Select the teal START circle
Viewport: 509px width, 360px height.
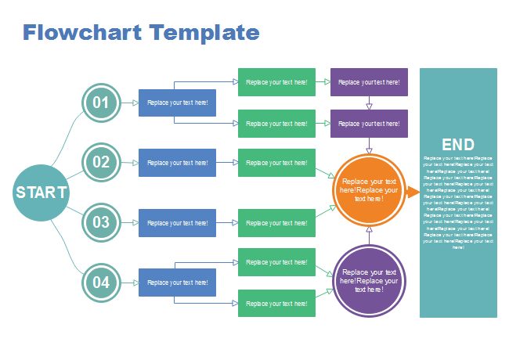(x=42, y=193)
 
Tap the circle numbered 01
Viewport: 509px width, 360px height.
(x=101, y=103)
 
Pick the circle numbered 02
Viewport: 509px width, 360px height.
(x=101, y=163)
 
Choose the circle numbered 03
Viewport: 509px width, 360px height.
(x=101, y=222)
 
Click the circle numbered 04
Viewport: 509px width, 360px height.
(x=101, y=282)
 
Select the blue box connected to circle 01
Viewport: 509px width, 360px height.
(x=177, y=103)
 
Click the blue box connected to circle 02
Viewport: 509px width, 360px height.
(x=177, y=163)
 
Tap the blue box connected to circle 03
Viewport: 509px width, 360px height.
(x=177, y=223)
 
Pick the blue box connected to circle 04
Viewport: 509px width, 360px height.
(x=177, y=283)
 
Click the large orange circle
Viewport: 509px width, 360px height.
(x=369, y=189)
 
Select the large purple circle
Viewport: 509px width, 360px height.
(x=369, y=280)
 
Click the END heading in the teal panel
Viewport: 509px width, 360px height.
(x=458, y=145)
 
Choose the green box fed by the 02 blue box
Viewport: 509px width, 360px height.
(x=276, y=163)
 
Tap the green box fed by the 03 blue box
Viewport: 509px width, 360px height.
(x=276, y=223)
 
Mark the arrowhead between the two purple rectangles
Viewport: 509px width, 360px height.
(x=369, y=106)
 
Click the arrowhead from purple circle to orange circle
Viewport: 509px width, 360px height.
(x=369, y=230)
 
